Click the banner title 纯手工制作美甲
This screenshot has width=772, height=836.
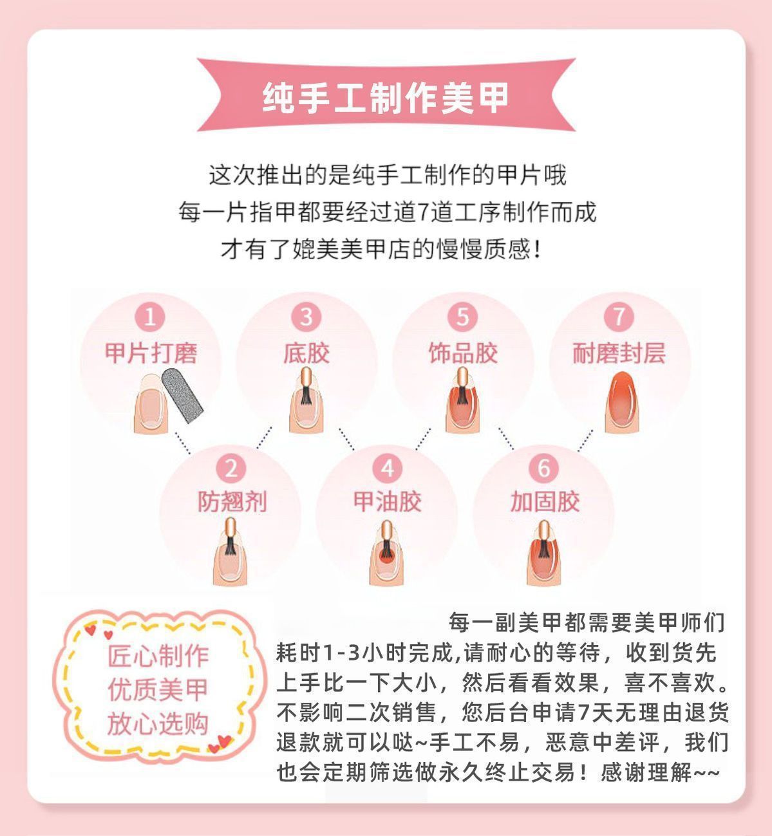(386, 98)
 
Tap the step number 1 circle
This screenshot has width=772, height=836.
(150, 317)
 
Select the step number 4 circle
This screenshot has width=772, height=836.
(388, 469)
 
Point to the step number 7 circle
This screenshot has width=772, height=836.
(619, 317)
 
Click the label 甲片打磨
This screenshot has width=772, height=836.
(151, 353)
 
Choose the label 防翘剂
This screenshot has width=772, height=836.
(232, 501)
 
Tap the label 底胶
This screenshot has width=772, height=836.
(306, 353)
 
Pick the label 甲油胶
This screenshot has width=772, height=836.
(388, 501)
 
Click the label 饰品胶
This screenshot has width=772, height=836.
(463, 353)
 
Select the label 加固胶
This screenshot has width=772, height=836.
(545, 501)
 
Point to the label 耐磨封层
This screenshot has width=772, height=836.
(619, 353)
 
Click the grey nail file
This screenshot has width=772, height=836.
(182, 395)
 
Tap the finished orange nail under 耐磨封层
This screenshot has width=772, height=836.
(621, 402)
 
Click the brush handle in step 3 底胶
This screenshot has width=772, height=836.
(306, 377)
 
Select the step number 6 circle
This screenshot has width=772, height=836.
(543, 469)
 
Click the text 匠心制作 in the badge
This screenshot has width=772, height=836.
(158, 656)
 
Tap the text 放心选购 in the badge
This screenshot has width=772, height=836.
(158, 723)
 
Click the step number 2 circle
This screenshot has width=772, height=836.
(231, 469)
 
